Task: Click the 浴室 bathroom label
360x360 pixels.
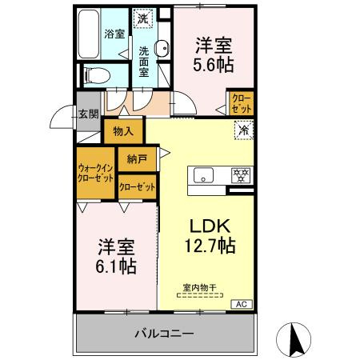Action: click(114, 34)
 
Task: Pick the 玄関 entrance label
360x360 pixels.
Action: click(88, 113)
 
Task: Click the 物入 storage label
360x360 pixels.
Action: click(123, 130)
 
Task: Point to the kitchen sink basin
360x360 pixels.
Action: click(202, 174)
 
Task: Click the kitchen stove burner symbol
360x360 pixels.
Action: click(238, 174)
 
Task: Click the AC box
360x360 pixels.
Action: click(240, 305)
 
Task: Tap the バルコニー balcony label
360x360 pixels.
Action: click(163, 332)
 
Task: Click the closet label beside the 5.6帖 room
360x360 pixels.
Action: click(241, 104)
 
